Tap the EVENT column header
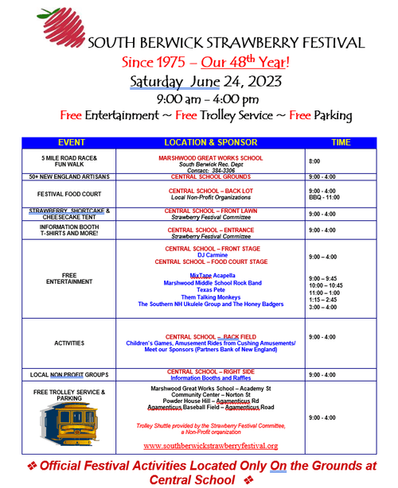click(71, 142)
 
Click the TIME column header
click(341, 142)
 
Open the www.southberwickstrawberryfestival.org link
click(210, 446)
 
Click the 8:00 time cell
click(314, 161)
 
